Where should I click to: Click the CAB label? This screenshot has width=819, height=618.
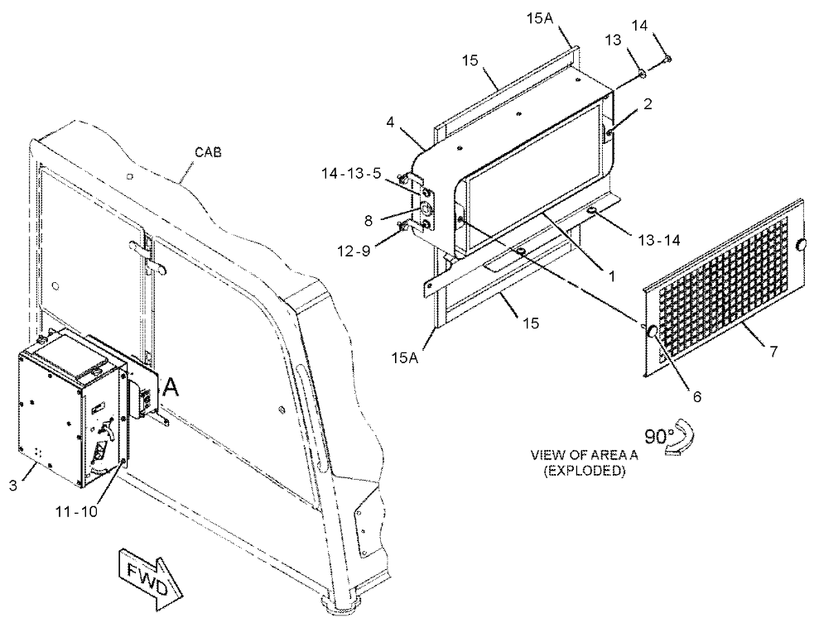pos(208,152)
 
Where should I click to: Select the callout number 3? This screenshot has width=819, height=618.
pos(13,485)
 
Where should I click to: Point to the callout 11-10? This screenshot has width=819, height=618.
pos(76,511)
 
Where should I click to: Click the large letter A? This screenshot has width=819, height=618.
pos(171,387)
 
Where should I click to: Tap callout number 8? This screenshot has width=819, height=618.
pos(369,222)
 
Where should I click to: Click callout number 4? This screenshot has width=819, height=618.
pos(389,124)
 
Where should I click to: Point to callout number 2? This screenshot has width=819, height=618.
pos(648,104)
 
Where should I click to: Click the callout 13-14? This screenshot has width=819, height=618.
pos(659,240)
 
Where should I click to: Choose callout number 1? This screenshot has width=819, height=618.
pos(609,275)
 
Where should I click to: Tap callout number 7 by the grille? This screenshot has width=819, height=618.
pos(773,352)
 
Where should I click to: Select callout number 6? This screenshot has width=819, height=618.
pos(696,396)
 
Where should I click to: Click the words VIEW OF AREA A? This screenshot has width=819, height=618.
pos(584,455)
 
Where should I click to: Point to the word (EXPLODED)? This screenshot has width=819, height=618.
pos(584,471)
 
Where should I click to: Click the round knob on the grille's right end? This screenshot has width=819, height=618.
pos(800,246)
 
